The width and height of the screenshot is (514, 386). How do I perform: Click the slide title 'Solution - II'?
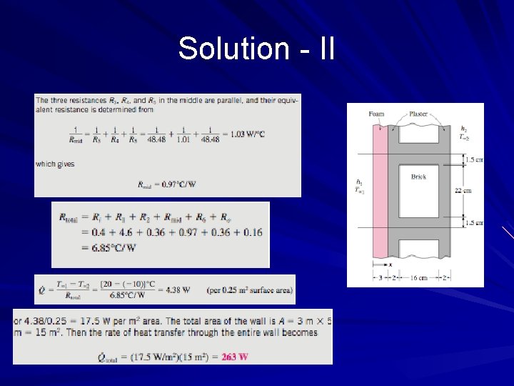(x=256, y=49)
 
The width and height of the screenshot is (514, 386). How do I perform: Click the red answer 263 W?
(x=235, y=357)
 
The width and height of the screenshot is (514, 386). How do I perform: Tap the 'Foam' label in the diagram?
(x=376, y=114)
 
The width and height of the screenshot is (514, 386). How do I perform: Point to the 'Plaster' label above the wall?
(x=419, y=114)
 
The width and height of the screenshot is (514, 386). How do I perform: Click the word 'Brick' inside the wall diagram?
(x=419, y=176)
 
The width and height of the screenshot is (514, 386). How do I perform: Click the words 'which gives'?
(x=55, y=164)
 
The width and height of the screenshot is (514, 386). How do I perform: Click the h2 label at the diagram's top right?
(x=465, y=128)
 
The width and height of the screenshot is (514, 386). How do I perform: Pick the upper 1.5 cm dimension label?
(x=473, y=159)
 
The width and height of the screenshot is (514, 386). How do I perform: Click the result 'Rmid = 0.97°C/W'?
(x=166, y=184)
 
